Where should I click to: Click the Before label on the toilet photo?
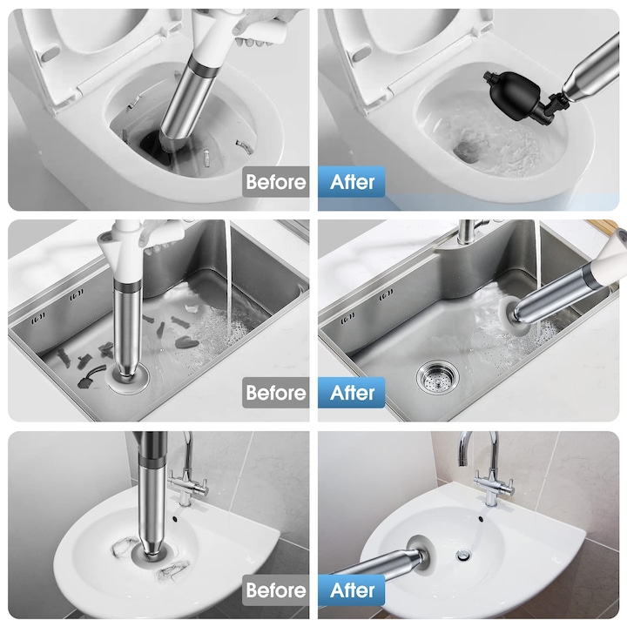pos(275,182)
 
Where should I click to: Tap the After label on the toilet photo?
pos(353,182)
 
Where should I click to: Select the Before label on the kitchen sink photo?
pos(275,393)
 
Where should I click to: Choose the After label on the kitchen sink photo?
pos(353,393)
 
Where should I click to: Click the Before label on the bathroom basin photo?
pos(275,590)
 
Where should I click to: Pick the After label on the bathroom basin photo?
pos(353,590)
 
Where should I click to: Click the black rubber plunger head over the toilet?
pos(513,95)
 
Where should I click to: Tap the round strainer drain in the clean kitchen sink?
pos(437,377)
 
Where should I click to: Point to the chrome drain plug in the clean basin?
pos(463,555)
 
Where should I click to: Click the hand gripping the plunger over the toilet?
pos(256,28)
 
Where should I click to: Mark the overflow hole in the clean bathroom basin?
pos(481,519)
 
